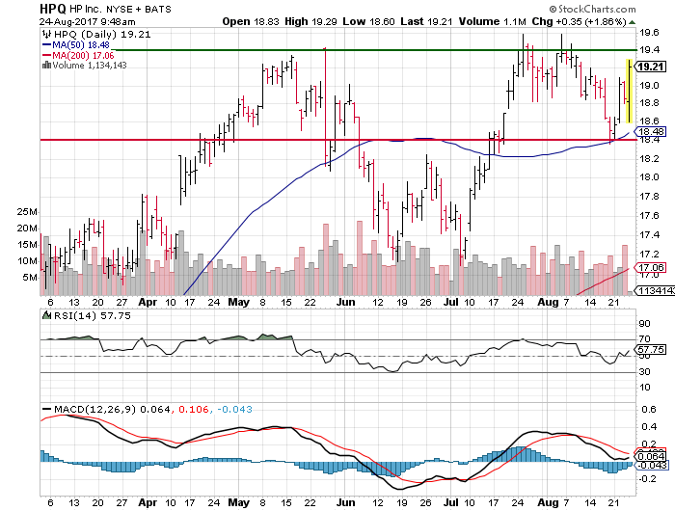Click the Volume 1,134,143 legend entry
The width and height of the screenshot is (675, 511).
pos(92,65)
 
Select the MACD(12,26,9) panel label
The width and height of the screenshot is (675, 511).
pos(96,409)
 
